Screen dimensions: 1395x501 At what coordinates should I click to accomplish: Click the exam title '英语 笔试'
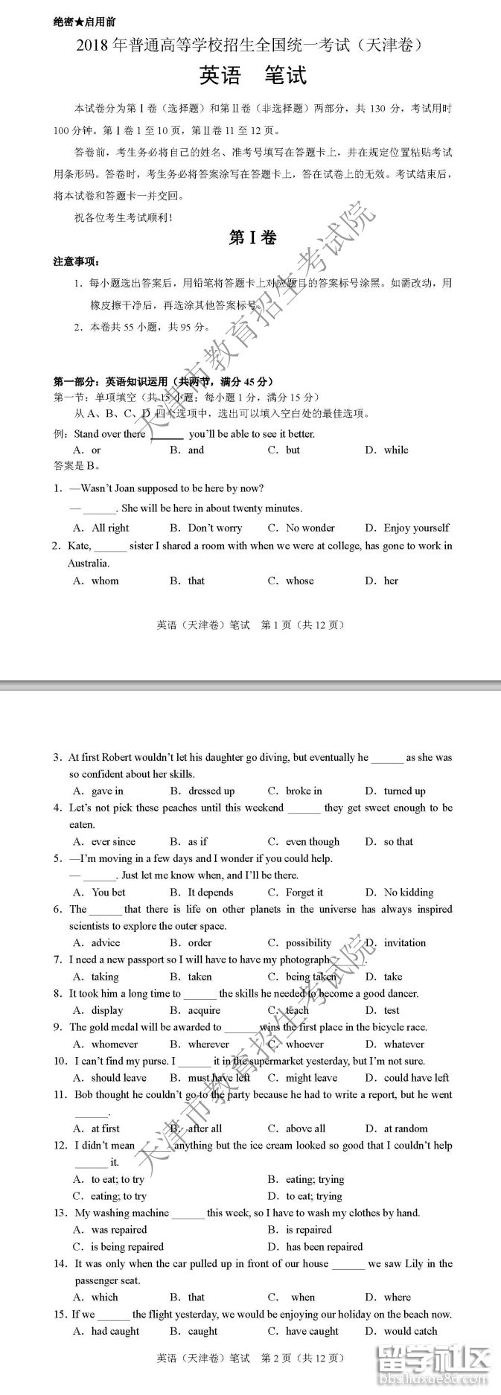252,76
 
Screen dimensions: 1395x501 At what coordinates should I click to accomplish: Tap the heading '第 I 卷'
252,237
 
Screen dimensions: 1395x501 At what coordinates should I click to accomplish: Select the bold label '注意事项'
76,261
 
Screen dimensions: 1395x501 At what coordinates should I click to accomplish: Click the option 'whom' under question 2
104,581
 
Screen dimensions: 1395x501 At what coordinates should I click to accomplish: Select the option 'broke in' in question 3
304,791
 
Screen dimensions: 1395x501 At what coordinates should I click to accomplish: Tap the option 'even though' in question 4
312,841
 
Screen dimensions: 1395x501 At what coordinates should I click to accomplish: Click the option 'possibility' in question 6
308,942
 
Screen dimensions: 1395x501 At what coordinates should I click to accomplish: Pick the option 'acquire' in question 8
204,1010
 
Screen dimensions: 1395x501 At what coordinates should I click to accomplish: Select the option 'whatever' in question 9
404,1044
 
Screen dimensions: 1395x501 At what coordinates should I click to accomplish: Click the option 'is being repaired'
127,1246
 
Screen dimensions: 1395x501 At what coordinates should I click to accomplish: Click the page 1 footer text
251,625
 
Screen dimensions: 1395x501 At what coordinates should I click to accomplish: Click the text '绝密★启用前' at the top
84,22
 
